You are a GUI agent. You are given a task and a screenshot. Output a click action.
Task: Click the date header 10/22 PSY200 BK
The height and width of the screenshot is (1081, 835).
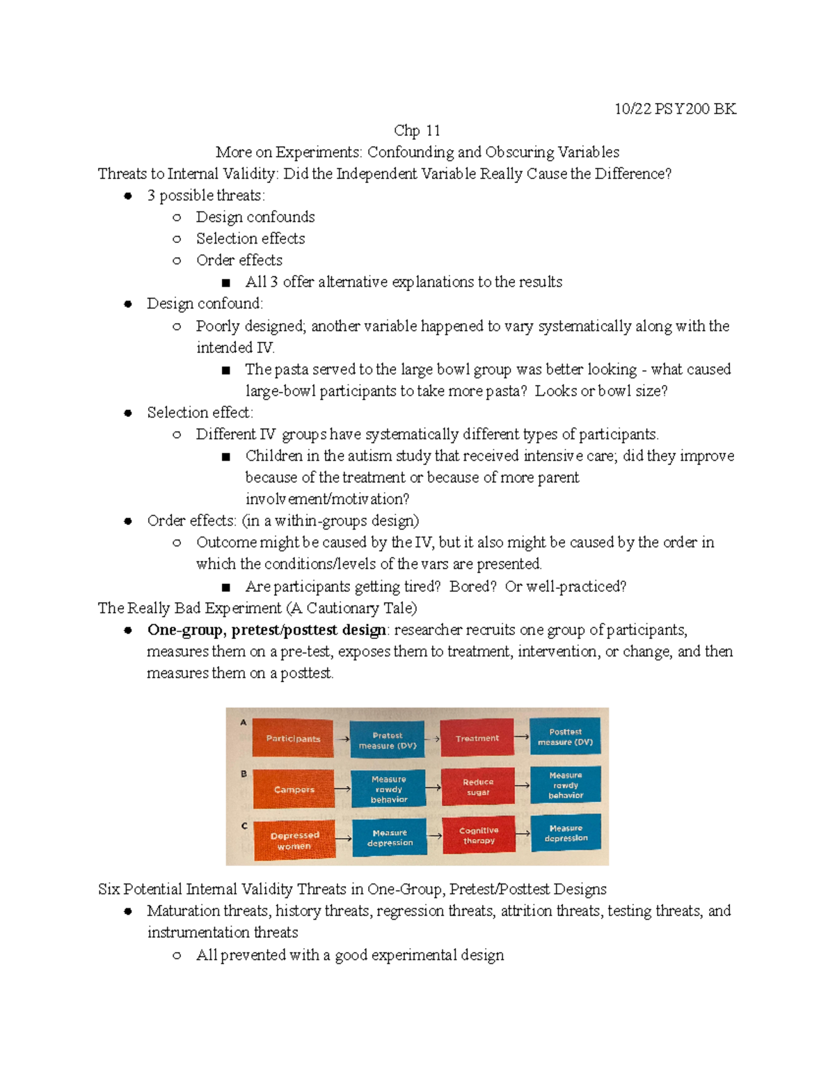click(x=674, y=109)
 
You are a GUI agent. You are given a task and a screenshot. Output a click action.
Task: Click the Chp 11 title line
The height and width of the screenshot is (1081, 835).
click(x=417, y=130)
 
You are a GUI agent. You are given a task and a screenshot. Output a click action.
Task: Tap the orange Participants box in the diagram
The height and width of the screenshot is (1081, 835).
click(x=293, y=739)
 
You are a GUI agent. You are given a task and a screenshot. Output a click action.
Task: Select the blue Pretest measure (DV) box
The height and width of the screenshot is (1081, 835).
click(x=388, y=741)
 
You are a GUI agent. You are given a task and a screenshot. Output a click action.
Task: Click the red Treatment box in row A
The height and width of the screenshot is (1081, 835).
click(x=477, y=739)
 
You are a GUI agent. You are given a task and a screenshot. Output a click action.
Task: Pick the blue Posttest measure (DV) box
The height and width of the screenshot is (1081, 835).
click(x=565, y=737)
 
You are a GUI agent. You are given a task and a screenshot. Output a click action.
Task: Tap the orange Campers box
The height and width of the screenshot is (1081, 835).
click(x=294, y=789)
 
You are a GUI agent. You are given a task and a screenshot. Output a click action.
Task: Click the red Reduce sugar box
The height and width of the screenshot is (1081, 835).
click(x=478, y=787)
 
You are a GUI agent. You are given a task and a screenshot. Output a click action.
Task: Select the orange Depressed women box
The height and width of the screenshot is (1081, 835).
click(x=294, y=841)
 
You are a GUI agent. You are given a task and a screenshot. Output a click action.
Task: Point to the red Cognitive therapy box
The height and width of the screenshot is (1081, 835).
click(x=479, y=835)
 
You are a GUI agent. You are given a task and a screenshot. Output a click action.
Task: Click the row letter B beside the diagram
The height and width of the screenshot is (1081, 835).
click(x=244, y=773)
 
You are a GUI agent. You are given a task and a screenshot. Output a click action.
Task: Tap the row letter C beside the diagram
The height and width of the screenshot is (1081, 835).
click(x=244, y=826)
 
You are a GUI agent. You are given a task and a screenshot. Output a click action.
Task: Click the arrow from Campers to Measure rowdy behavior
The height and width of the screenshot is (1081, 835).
click(x=342, y=789)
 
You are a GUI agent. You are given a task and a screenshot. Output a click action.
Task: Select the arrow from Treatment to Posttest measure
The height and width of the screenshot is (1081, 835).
click(x=521, y=736)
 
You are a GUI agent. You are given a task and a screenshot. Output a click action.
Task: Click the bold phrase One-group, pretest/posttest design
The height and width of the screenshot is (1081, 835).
click(x=267, y=630)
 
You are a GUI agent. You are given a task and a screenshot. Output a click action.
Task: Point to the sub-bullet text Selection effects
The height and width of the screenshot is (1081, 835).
click(x=250, y=239)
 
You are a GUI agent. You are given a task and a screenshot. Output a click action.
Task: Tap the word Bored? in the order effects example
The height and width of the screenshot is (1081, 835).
click(x=472, y=587)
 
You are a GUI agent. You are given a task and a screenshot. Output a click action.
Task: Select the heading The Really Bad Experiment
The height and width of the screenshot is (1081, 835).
click(x=189, y=608)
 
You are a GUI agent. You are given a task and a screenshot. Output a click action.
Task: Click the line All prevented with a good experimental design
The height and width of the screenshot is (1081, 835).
click(x=349, y=955)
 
